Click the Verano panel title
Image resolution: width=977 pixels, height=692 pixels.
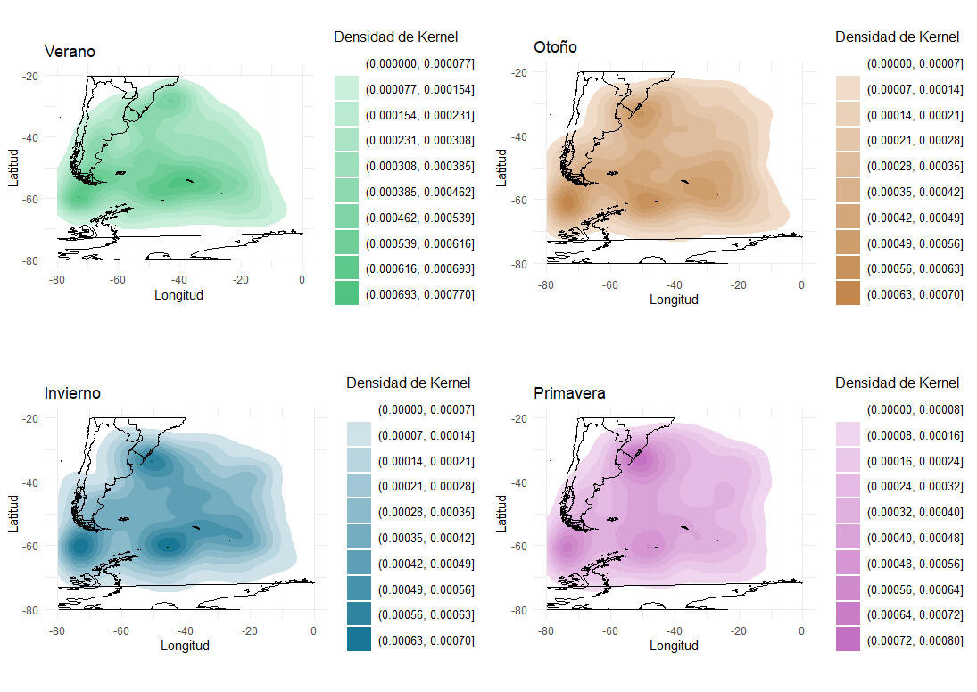(x=70, y=53)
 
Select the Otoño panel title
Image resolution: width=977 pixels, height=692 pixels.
(x=555, y=47)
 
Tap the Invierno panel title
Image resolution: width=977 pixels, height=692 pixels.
(x=72, y=393)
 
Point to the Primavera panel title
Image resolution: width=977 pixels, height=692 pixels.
(x=569, y=393)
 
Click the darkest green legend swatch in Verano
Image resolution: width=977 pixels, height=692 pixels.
(x=346, y=293)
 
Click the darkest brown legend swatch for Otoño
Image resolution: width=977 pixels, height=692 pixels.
(x=848, y=293)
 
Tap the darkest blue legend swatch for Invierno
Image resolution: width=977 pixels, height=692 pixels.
(x=359, y=639)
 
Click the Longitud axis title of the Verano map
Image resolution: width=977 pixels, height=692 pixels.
(x=178, y=295)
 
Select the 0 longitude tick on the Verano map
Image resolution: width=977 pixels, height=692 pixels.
(x=302, y=280)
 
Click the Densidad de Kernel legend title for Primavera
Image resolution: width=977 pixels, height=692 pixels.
(x=897, y=383)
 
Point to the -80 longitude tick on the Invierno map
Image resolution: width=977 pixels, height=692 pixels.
(x=57, y=630)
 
